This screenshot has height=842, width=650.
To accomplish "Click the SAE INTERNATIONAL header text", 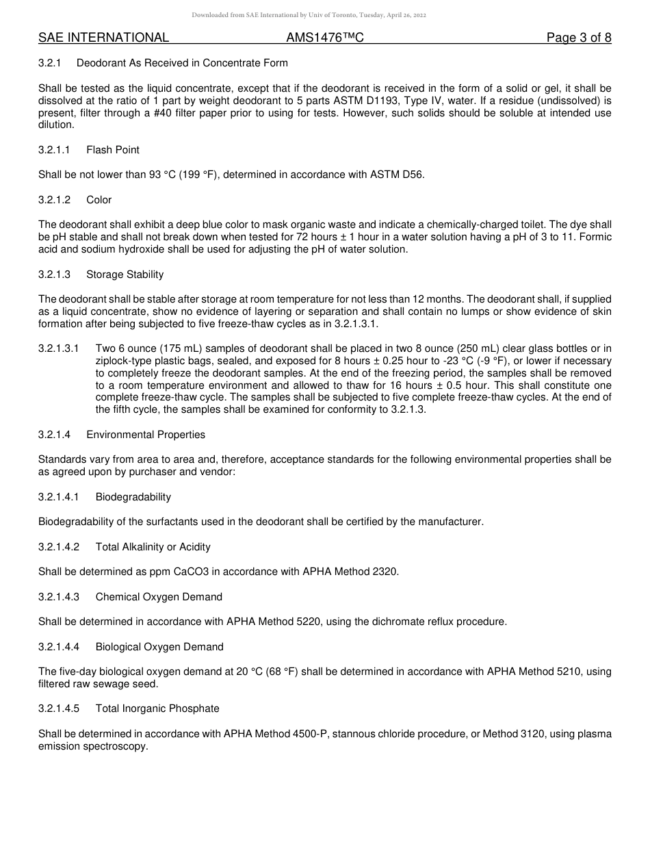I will [103, 38].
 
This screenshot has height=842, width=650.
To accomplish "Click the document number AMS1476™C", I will [324, 38].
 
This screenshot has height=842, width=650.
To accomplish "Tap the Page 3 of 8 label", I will [579, 38].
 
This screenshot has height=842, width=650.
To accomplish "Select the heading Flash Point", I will [113, 150].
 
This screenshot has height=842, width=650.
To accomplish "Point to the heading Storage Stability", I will [125, 275].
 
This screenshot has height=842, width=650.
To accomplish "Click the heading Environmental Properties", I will [146, 435].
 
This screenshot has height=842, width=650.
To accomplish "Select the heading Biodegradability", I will [133, 497].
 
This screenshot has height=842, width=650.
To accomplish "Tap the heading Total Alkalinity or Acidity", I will [153, 547].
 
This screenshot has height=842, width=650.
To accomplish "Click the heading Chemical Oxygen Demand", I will [159, 597].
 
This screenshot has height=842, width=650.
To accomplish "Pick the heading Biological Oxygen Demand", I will [159, 647].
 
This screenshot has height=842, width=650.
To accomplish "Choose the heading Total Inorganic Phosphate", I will [157, 709].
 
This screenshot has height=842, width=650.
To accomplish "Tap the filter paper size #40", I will [161, 113].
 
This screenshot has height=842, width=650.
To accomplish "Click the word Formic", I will [595, 237].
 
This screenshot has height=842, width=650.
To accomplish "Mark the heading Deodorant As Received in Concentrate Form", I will [182, 63].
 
